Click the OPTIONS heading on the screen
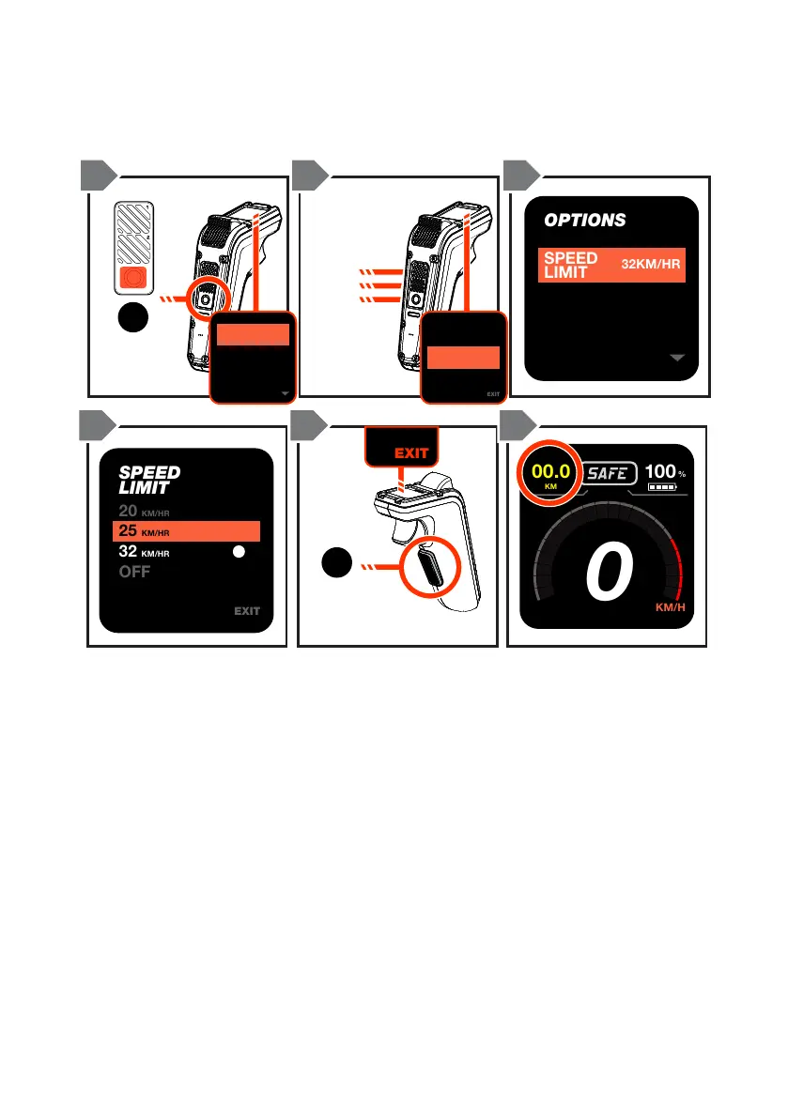(x=585, y=221)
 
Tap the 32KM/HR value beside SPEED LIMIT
(x=651, y=265)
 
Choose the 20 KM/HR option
(x=144, y=512)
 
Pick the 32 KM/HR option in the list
(x=144, y=553)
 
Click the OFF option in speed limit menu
(x=135, y=572)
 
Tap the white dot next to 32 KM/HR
(x=239, y=553)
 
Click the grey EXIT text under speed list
(x=247, y=611)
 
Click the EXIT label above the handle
(x=411, y=452)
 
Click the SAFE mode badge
(x=607, y=474)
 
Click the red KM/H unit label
(x=671, y=607)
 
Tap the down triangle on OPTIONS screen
(x=678, y=358)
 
